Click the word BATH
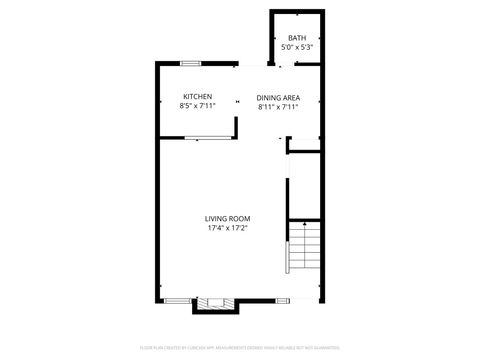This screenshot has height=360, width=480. (x=297, y=37)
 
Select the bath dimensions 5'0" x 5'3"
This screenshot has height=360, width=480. (x=297, y=47)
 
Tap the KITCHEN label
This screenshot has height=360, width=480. (x=197, y=96)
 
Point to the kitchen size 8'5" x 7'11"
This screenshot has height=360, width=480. (x=197, y=106)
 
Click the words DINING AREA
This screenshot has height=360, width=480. (x=279, y=97)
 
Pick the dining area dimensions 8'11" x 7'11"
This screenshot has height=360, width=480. (x=279, y=107)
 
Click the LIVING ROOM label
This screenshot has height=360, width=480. (x=227, y=218)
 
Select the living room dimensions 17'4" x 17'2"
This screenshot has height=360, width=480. (x=227, y=228)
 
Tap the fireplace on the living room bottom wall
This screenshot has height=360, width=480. (x=213, y=302)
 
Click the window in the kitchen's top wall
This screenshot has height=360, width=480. (x=190, y=65)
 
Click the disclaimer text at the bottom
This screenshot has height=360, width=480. (x=240, y=347)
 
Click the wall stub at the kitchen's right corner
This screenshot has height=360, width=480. (x=236, y=127)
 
